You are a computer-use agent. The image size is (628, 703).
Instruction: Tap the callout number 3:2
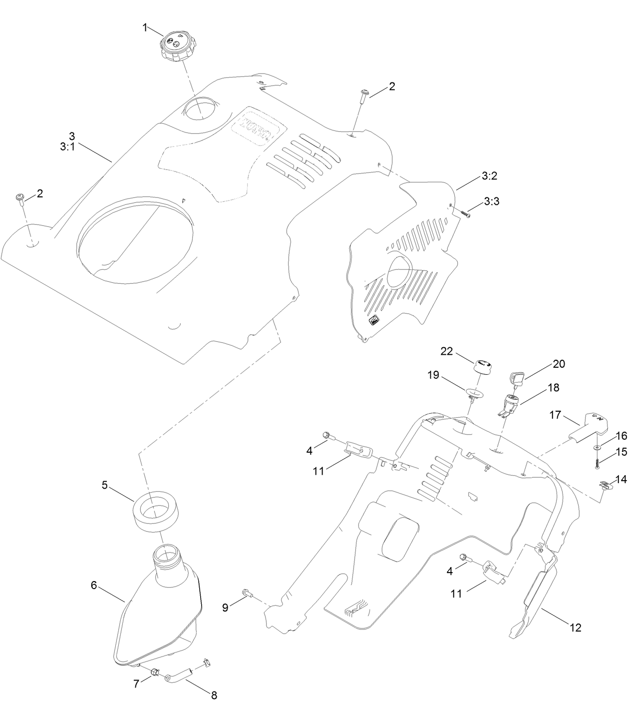point(489,176)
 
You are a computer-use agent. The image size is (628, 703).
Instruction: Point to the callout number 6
point(93,585)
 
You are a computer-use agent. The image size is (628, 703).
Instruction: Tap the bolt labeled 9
point(249,594)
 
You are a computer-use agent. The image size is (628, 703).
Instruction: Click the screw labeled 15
point(598,462)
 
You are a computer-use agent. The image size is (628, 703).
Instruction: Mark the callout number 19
point(433,375)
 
